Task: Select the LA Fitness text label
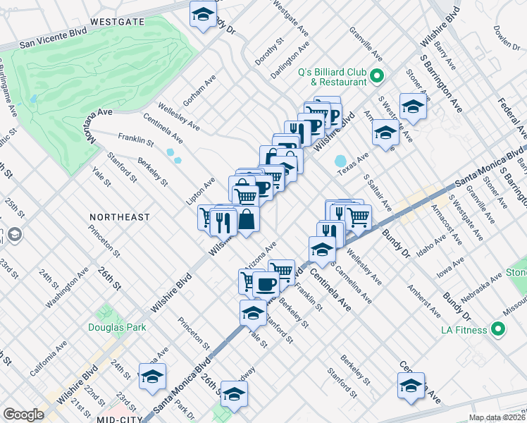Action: point(466,330)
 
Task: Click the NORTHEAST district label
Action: point(120,217)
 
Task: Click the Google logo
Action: point(23,415)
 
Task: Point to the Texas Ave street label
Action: point(353,166)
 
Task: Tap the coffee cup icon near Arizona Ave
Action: point(265,283)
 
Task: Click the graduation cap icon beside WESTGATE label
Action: point(203,15)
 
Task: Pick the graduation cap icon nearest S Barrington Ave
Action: point(412,107)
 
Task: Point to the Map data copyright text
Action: point(497,417)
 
